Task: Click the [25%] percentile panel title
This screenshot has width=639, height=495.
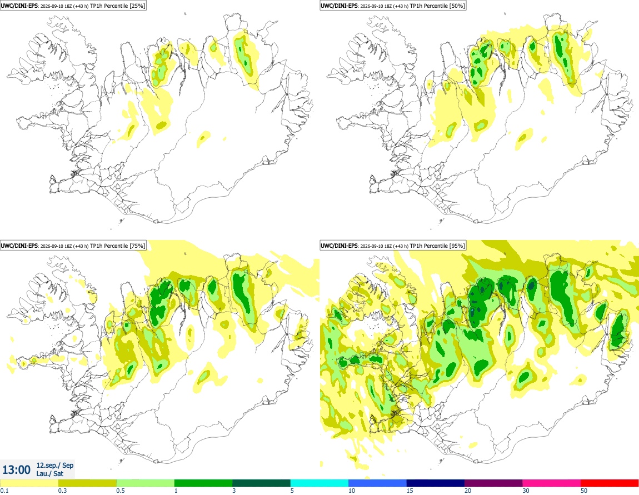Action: (73, 6)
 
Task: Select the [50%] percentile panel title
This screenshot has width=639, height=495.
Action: (393, 6)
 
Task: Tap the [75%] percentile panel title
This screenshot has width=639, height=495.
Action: (73, 246)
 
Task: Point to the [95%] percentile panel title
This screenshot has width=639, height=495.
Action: (393, 246)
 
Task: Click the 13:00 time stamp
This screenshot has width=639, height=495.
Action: (16, 470)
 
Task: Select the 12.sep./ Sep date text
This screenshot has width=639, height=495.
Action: (55, 465)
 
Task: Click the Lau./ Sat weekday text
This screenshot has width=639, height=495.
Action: (49, 473)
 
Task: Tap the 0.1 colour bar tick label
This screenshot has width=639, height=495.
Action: (4, 491)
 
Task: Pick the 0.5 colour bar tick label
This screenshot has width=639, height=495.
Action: (121, 491)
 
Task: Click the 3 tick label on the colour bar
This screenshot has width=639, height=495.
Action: (234, 491)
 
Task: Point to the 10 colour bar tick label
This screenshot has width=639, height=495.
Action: (352, 491)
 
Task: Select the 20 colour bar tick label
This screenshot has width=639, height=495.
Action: (468, 491)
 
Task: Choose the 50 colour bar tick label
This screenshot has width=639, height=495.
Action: (584, 491)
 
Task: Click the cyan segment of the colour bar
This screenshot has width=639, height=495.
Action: (319, 483)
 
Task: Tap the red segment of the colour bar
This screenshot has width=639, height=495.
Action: (610, 483)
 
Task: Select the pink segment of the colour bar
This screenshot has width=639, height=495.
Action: (552, 483)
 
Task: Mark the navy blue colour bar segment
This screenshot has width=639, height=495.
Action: (436, 483)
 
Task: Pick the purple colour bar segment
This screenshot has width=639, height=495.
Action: (493, 483)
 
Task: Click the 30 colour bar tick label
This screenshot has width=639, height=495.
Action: (526, 491)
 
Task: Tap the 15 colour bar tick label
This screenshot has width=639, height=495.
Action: (410, 491)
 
